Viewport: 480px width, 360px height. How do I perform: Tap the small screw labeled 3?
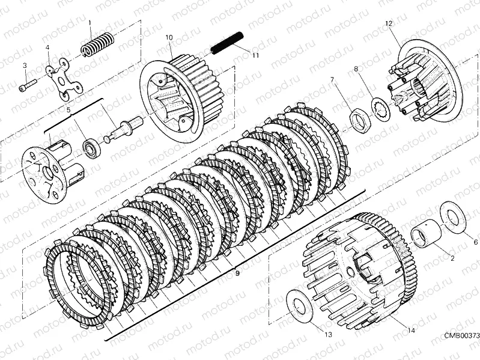tap(28, 85)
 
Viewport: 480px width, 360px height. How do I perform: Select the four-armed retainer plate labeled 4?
tap(65, 79)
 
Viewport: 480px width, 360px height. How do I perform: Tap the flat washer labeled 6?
tap(453, 218)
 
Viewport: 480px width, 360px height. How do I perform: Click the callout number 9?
tap(237, 273)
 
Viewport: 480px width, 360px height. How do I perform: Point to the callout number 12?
tap(389, 23)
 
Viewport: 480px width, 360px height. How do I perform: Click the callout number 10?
tap(169, 38)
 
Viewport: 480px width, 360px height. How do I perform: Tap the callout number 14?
tap(411, 331)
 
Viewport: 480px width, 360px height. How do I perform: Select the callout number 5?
tap(68, 109)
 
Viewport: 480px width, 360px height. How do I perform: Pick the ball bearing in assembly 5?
tap(91, 147)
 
